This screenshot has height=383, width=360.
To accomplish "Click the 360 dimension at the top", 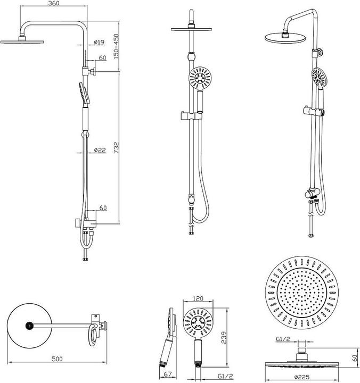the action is (54, 3).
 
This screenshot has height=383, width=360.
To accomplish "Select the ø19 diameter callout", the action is (99, 42).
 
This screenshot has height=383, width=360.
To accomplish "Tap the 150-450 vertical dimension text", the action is (116, 46).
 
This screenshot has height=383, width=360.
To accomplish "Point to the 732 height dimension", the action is (117, 148).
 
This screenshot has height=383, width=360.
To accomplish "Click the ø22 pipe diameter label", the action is (100, 150).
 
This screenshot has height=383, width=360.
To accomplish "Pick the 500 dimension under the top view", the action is (57, 359).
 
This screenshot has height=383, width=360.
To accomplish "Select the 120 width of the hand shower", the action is (198, 298).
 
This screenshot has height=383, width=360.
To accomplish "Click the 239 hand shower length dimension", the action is (224, 337).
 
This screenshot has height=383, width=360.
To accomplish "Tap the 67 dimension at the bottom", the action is (168, 374).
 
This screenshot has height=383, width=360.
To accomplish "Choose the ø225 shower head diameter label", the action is (302, 377).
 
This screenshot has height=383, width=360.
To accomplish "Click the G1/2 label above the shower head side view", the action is (283, 339).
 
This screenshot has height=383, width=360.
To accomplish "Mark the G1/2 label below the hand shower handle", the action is (225, 376).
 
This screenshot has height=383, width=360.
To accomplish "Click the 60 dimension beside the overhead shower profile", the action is (355, 358).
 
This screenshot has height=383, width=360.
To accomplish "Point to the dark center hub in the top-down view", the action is (29, 326).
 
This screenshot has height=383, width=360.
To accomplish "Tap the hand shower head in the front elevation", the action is (200, 78).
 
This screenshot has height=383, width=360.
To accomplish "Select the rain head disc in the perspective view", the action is (285, 38).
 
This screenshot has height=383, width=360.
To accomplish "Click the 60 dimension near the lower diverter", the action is (103, 207).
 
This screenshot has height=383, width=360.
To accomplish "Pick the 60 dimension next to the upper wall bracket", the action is (102, 57).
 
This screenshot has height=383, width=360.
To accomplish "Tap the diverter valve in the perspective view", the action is (312, 194).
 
